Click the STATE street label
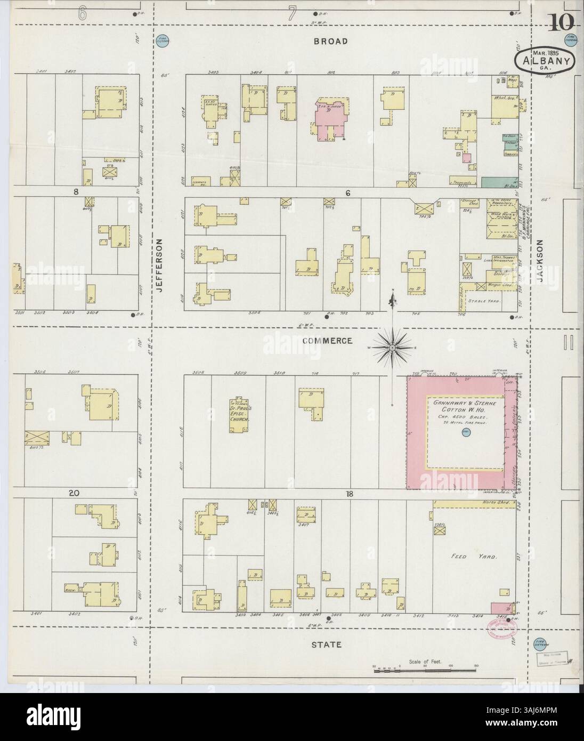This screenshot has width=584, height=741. pyautogui.click(x=327, y=645)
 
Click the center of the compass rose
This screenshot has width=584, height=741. pyautogui.click(x=393, y=348)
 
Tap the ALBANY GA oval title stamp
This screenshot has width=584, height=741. pyautogui.click(x=545, y=59)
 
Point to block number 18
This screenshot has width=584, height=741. pyautogui.click(x=349, y=494)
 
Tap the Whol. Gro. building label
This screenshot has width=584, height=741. pyautogui.click(x=504, y=98)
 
